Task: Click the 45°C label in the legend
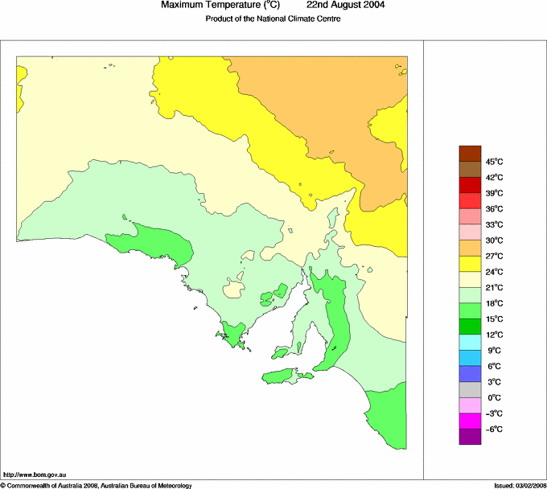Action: pos(494,162)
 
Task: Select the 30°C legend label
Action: pos(494,240)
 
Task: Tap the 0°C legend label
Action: pos(494,398)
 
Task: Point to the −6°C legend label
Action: pos(493,429)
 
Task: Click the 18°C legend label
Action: pos(494,303)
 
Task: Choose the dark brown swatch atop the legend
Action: pos(470,153)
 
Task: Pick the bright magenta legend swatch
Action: pos(470,421)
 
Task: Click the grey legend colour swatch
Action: pos(470,389)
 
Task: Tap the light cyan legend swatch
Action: pos(470,342)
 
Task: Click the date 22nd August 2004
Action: pos(340,5)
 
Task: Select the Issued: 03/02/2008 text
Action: pos(518,485)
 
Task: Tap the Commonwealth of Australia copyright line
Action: pos(97,485)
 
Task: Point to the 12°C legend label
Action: pos(494,335)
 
